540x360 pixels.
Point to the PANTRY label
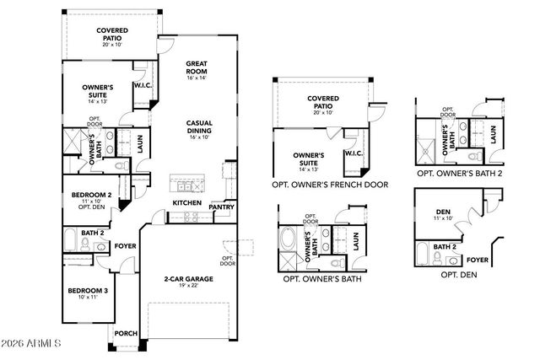tap(222, 207)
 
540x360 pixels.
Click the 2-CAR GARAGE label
tap(187, 278)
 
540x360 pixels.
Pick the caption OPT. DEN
tap(459, 275)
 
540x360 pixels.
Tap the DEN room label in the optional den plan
tap(442, 212)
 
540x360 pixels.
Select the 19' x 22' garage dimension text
tap(187, 287)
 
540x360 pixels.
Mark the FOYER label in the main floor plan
tap(125, 247)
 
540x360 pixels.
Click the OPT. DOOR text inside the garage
tap(228, 261)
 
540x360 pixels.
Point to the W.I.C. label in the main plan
tap(142, 85)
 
